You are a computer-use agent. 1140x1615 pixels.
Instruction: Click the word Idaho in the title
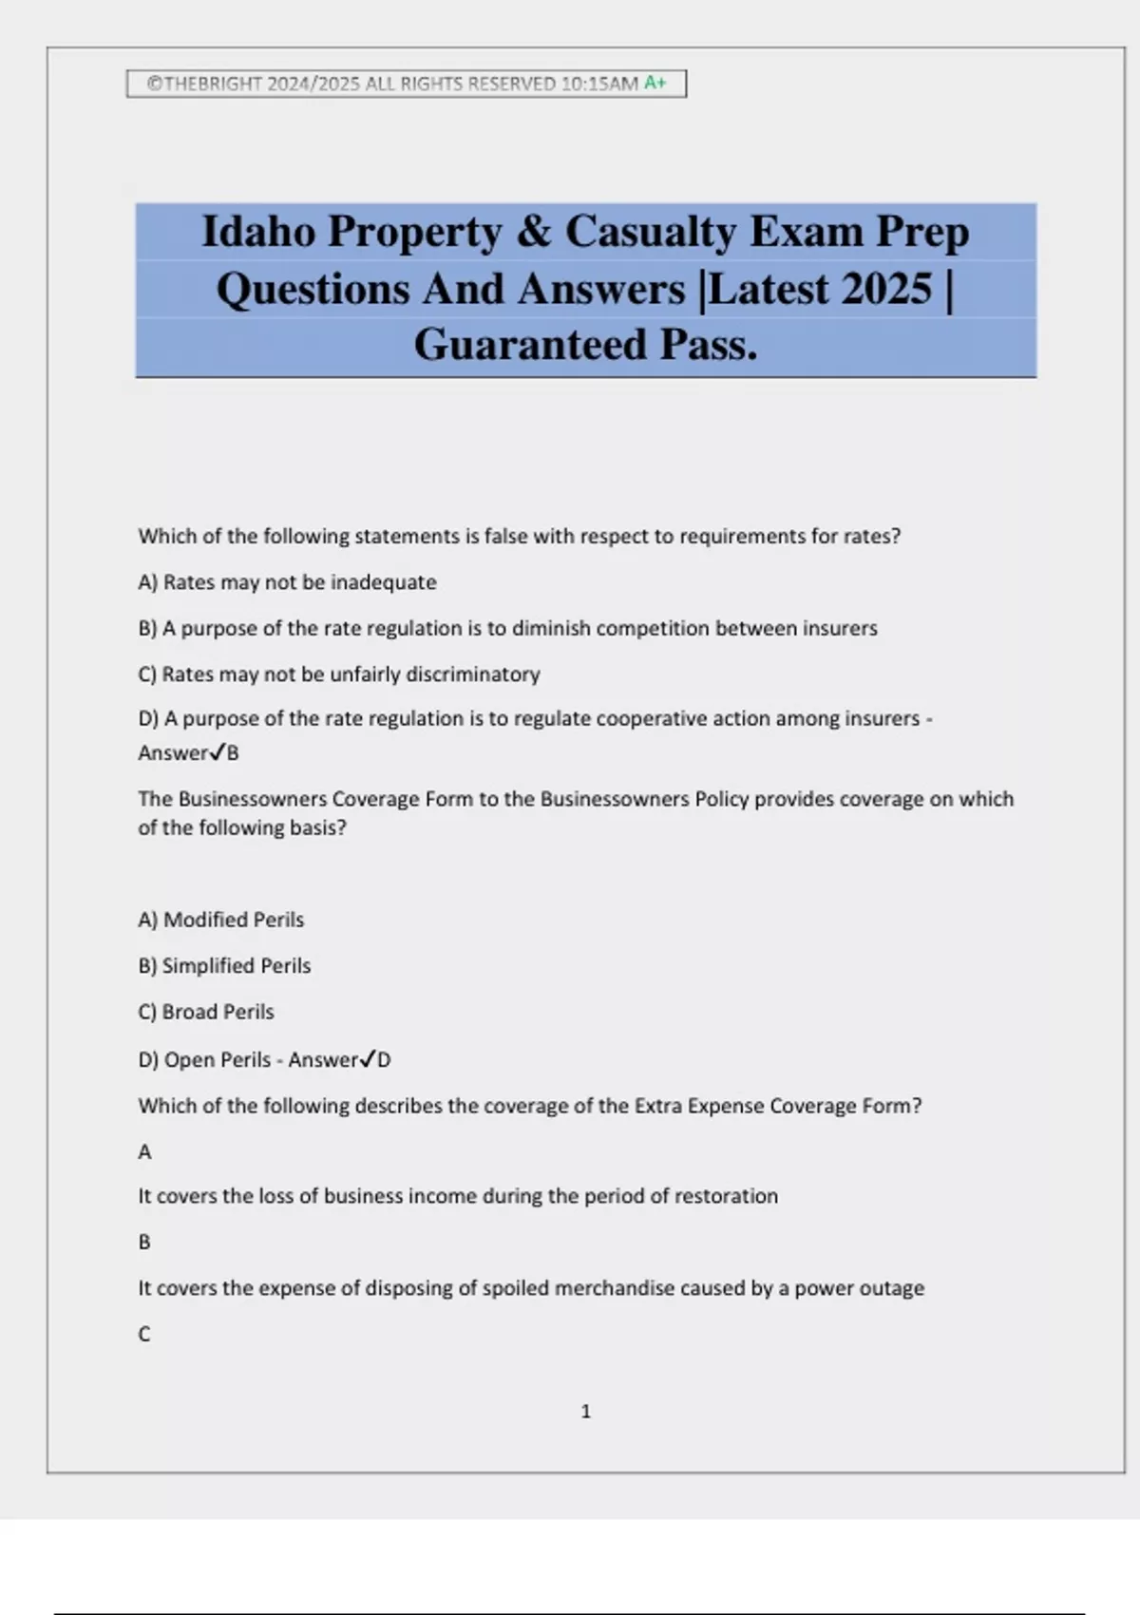tap(258, 232)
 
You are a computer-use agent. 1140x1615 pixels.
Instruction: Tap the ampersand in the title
tap(534, 232)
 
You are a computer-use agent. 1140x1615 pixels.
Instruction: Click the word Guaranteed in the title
tap(530, 345)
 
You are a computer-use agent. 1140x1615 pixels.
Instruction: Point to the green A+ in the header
tap(655, 83)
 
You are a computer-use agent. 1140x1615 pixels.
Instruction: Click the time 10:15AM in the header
tap(599, 84)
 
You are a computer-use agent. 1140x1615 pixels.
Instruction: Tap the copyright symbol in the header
tap(154, 84)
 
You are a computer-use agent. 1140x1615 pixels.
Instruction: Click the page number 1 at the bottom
tap(585, 1412)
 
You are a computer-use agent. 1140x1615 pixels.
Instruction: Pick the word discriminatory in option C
tap(473, 674)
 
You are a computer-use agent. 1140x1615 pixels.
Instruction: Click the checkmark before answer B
tap(217, 752)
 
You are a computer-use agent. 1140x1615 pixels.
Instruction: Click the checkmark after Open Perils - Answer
tap(367, 1059)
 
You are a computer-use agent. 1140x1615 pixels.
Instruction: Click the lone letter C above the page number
tap(144, 1334)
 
